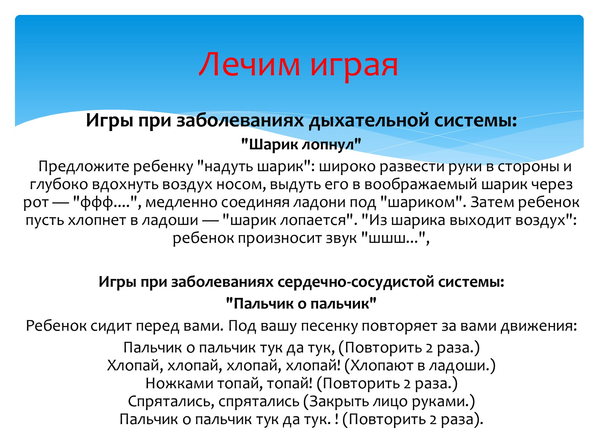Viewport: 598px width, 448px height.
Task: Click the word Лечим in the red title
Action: coord(249,65)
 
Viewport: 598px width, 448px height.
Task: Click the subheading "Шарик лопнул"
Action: coord(301,144)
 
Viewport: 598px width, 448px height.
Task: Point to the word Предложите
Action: coord(84,167)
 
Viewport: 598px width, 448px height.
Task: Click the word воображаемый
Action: coord(421,184)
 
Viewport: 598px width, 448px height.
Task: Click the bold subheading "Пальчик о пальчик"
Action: coord(301,304)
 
